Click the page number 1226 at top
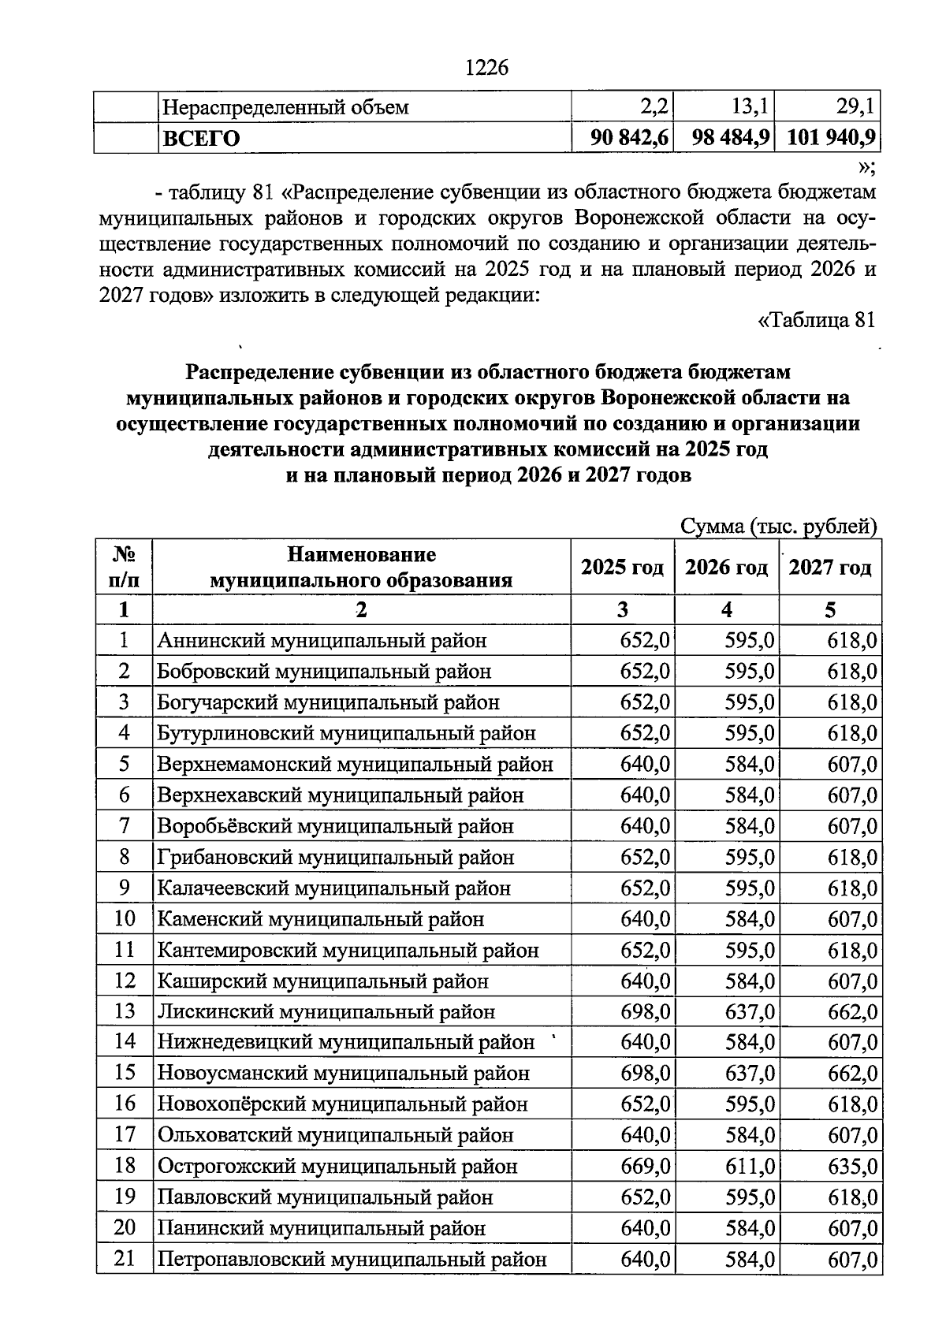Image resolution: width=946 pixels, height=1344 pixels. (x=486, y=69)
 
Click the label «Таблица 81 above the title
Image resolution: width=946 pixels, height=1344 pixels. (x=816, y=320)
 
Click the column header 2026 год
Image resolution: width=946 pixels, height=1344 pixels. (x=726, y=568)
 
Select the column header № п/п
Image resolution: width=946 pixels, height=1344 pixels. (x=124, y=567)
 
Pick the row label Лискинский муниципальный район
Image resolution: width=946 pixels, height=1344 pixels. (x=326, y=1011)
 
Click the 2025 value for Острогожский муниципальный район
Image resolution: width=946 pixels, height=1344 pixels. (x=646, y=1166)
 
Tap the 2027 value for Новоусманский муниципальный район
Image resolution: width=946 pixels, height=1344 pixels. (x=852, y=1074)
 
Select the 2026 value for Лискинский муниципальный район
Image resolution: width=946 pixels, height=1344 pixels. (x=750, y=1011)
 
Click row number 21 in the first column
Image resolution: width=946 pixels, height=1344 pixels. (x=125, y=1259)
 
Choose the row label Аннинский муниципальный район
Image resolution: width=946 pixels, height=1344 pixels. (x=322, y=640)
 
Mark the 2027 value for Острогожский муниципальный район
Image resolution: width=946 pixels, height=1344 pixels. (x=852, y=1166)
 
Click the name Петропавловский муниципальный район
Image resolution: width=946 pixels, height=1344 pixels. (x=352, y=1260)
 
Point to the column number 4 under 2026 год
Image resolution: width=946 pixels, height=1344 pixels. (x=727, y=609)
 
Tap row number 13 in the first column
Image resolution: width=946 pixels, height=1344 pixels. (x=125, y=1011)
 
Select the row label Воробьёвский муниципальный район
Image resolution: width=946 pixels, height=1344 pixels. (x=335, y=826)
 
